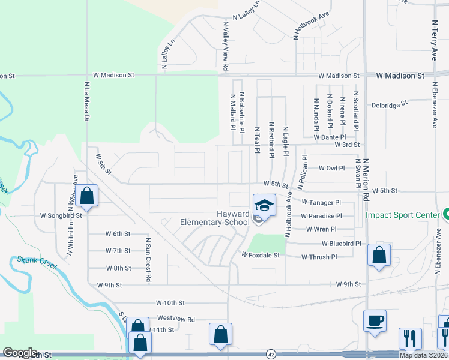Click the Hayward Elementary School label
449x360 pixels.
pos(214,218)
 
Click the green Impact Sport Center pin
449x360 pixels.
pos(446,214)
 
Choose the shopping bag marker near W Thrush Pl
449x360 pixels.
pos(379,255)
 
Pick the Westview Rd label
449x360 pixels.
pos(176,319)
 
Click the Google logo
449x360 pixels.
pos(20,353)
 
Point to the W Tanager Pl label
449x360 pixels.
pos(321,203)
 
